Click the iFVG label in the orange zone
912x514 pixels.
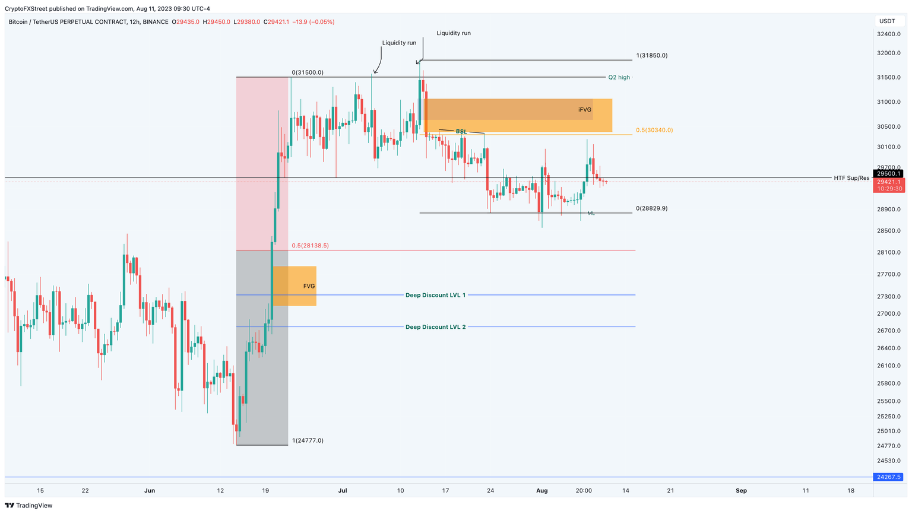click(585, 110)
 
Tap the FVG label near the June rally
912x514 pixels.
click(309, 286)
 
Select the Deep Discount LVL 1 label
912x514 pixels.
click(435, 295)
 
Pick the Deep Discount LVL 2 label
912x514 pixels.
click(435, 327)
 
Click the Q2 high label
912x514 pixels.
click(619, 78)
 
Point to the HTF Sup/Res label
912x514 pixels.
click(851, 178)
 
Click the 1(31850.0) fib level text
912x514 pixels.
click(651, 56)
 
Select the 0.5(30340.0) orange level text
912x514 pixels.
click(654, 130)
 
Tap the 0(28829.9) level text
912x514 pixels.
click(651, 209)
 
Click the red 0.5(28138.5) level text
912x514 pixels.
click(310, 246)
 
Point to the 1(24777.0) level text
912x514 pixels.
click(308, 440)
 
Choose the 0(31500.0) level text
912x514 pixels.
click(308, 72)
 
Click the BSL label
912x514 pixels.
click(461, 131)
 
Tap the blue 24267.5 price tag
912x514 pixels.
click(889, 477)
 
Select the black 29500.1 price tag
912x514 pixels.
click(889, 174)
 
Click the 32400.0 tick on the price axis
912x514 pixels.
click(888, 34)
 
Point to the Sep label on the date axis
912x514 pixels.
click(741, 491)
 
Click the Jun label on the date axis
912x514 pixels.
click(150, 491)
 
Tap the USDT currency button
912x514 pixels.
click(887, 21)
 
